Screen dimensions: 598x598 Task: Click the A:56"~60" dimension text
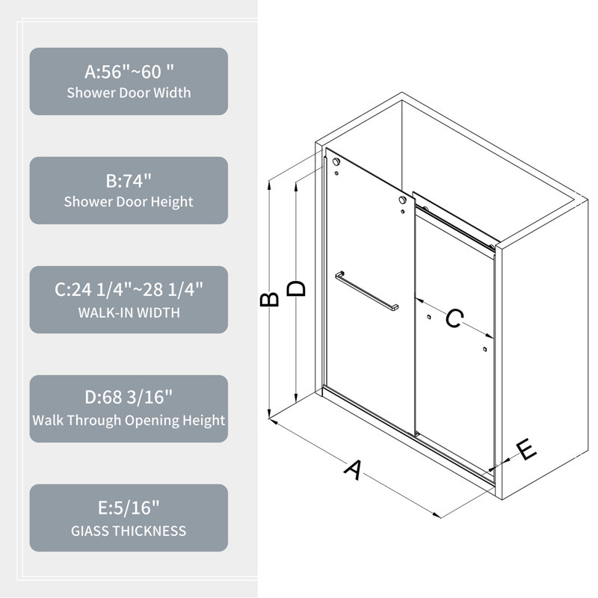tap(129, 72)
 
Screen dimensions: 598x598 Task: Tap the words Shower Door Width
tap(129, 93)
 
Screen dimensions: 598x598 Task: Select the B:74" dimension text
tap(129, 181)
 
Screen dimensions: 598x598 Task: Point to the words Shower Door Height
tap(129, 202)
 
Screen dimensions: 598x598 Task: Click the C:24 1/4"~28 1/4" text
tap(129, 289)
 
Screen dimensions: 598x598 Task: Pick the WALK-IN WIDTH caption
tap(129, 312)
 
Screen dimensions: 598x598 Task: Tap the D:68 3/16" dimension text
tap(129, 397)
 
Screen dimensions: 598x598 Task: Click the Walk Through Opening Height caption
tap(129, 420)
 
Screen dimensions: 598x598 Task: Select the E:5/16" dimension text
tap(129, 508)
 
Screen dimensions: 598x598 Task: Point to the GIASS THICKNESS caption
tap(129, 531)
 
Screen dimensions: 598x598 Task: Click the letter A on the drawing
tap(353, 469)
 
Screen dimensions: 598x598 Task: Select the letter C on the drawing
tap(454, 318)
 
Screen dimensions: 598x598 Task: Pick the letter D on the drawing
tap(296, 289)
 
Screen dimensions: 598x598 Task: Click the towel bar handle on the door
tap(367, 291)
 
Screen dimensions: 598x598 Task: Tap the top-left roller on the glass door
tap(336, 161)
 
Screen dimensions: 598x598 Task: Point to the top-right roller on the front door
tap(402, 200)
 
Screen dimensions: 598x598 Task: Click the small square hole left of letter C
tap(429, 316)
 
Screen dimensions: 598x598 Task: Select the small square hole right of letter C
tap(484, 349)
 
